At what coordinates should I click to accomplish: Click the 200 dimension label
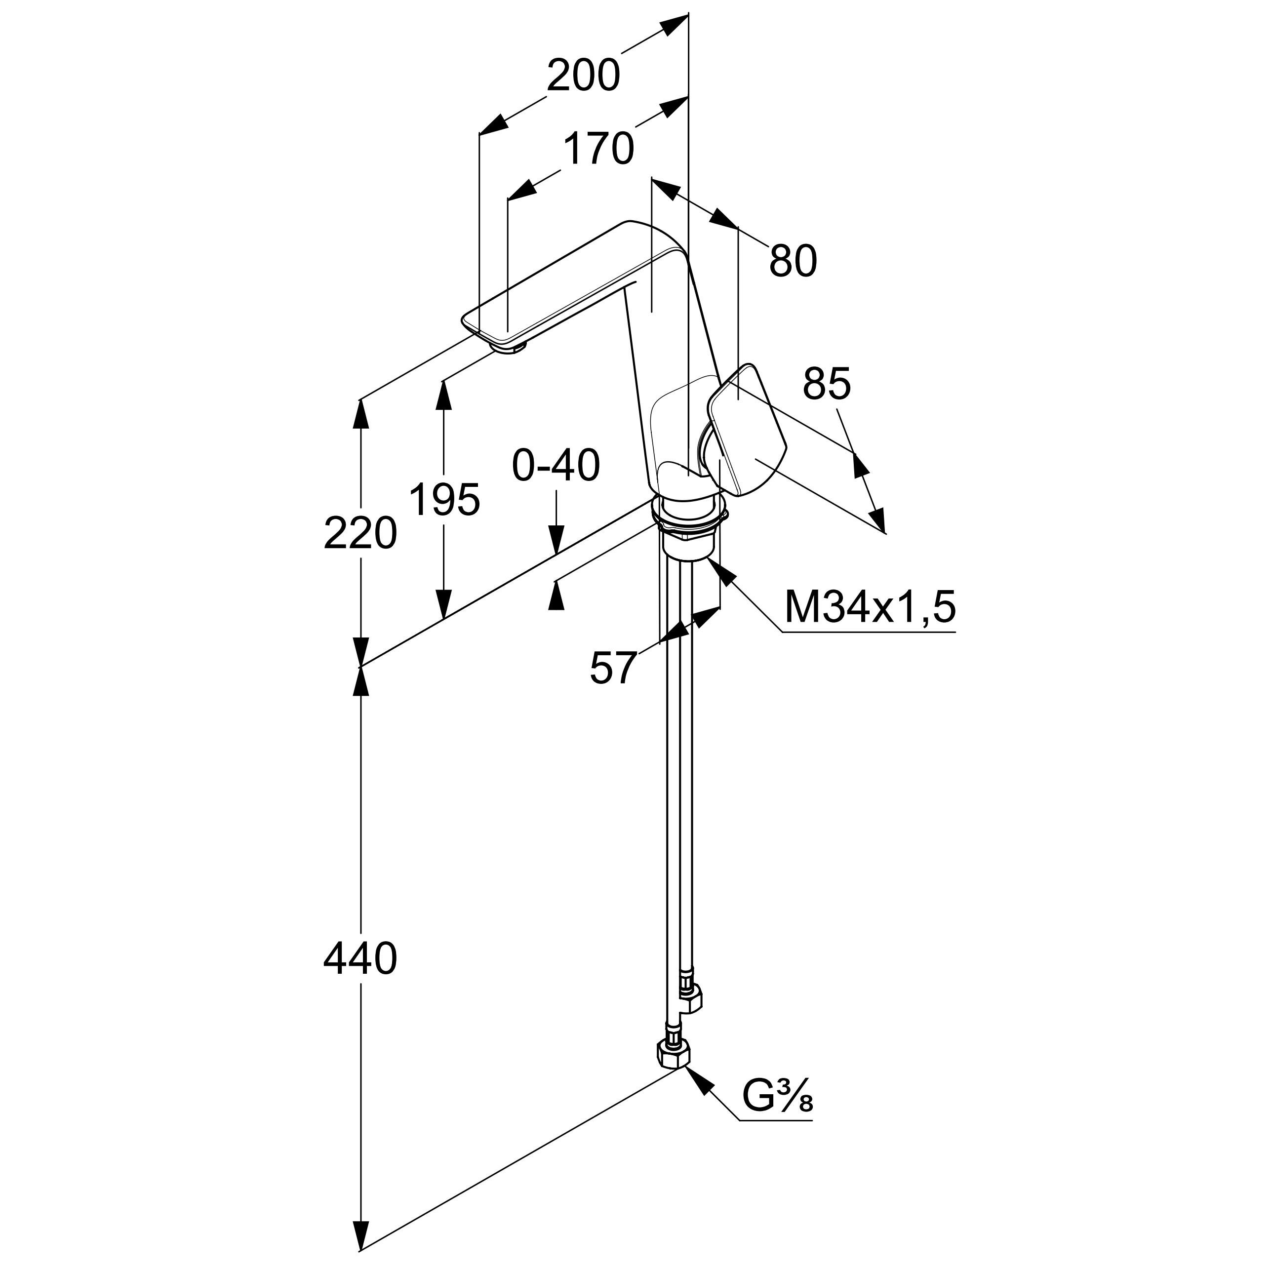583,75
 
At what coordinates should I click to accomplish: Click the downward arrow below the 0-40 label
556,543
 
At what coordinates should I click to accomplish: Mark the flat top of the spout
573,277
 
